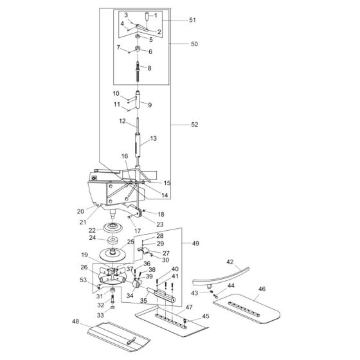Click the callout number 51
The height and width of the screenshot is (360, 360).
(x=192, y=20)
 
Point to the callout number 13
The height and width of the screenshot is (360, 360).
(x=153, y=139)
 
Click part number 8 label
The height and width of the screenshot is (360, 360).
(x=150, y=68)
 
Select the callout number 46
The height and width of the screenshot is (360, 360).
(x=262, y=290)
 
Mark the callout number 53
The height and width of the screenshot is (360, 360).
(x=84, y=280)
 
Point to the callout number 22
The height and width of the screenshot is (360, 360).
(x=91, y=230)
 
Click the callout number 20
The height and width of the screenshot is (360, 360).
(x=81, y=211)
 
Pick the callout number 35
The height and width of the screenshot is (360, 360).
(x=142, y=300)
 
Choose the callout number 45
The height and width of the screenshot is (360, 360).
(x=206, y=316)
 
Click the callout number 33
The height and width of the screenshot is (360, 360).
(x=100, y=316)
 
